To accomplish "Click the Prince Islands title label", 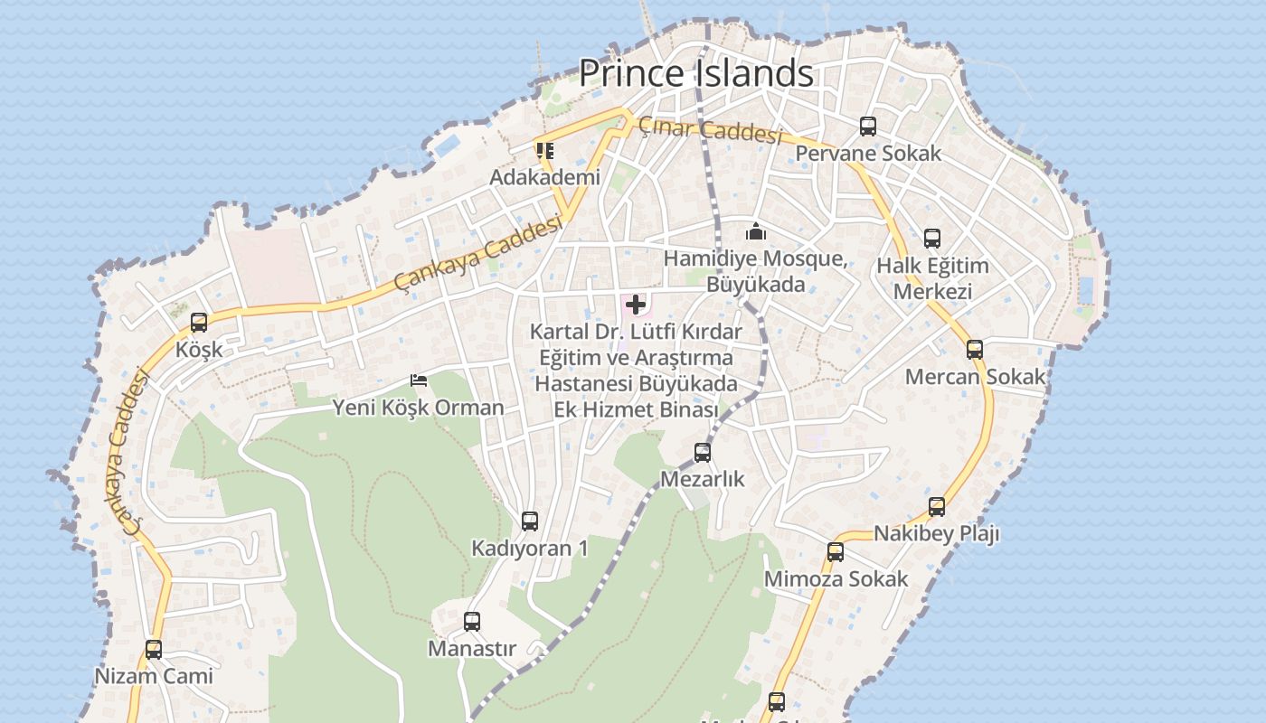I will click(x=695, y=72).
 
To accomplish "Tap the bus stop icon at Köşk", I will click(x=199, y=323).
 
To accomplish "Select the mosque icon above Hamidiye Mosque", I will click(x=756, y=232).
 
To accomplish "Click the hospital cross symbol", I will click(x=636, y=305).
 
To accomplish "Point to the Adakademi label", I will click(x=544, y=177).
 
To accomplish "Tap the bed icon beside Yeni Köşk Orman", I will click(x=419, y=380).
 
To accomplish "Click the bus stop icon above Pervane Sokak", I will click(x=868, y=127).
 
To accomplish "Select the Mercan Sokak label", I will click(x=975, y=377).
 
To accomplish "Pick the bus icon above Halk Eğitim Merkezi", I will click(x=932, y=239).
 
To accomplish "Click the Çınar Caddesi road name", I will click(x=709, y=131).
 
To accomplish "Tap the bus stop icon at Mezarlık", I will click(x=703, y=452).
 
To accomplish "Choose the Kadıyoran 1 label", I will click(x=530, y=549).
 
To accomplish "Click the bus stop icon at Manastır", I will click(x=472, y=622).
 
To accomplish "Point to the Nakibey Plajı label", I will click(x=936, y=534).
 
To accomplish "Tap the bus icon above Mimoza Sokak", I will click(x=836, y=551).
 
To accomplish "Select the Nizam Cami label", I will click(x=154, y=676).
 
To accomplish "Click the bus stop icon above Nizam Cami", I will click(x=154, y=649).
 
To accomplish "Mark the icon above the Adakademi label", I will click(x=544, y=150).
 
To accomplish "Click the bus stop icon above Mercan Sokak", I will click(x=975, y=350).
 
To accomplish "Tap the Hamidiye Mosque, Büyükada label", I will click(x=756, y=272).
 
